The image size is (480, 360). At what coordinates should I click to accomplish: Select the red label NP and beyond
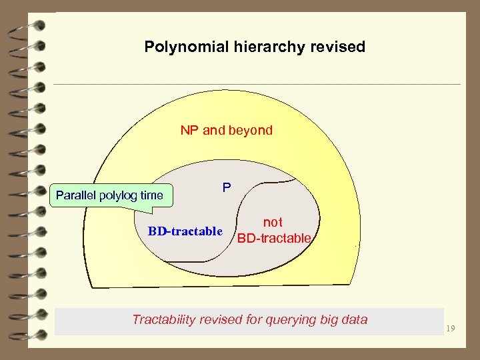[227, 130]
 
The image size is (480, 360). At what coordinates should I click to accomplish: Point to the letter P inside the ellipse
[227, 189]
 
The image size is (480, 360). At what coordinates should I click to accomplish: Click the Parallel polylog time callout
[109, 195]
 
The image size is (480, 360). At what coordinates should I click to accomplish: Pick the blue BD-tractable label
[185, 231]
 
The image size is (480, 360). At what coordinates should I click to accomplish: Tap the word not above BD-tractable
[273, 223]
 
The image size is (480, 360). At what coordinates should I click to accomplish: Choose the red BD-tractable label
[274, 238]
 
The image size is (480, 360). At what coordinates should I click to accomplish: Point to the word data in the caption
[354, 319]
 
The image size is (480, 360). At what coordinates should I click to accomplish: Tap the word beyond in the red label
[251, 130]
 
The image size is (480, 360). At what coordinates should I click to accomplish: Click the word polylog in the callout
[119, 195]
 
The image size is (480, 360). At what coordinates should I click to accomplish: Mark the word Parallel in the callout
[76, 195]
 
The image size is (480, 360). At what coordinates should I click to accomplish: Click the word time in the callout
[152, 195]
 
